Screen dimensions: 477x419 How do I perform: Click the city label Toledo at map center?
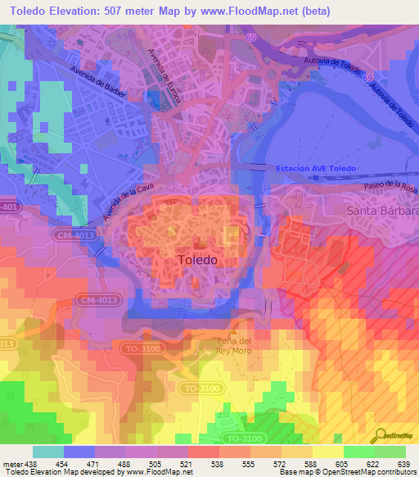tap(197, 260)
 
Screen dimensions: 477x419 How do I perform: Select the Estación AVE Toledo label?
tap(316, 168)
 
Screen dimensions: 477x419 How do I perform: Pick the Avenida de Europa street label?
tap(162, 79)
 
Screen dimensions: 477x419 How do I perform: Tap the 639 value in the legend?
tap(404, 464)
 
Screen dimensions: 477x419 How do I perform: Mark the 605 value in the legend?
tap(343, 464)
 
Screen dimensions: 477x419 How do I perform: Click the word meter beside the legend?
tap(12, 464)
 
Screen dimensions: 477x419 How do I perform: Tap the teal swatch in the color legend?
tap(48, 452)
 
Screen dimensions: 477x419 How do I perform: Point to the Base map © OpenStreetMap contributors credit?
tap(347, 472)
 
